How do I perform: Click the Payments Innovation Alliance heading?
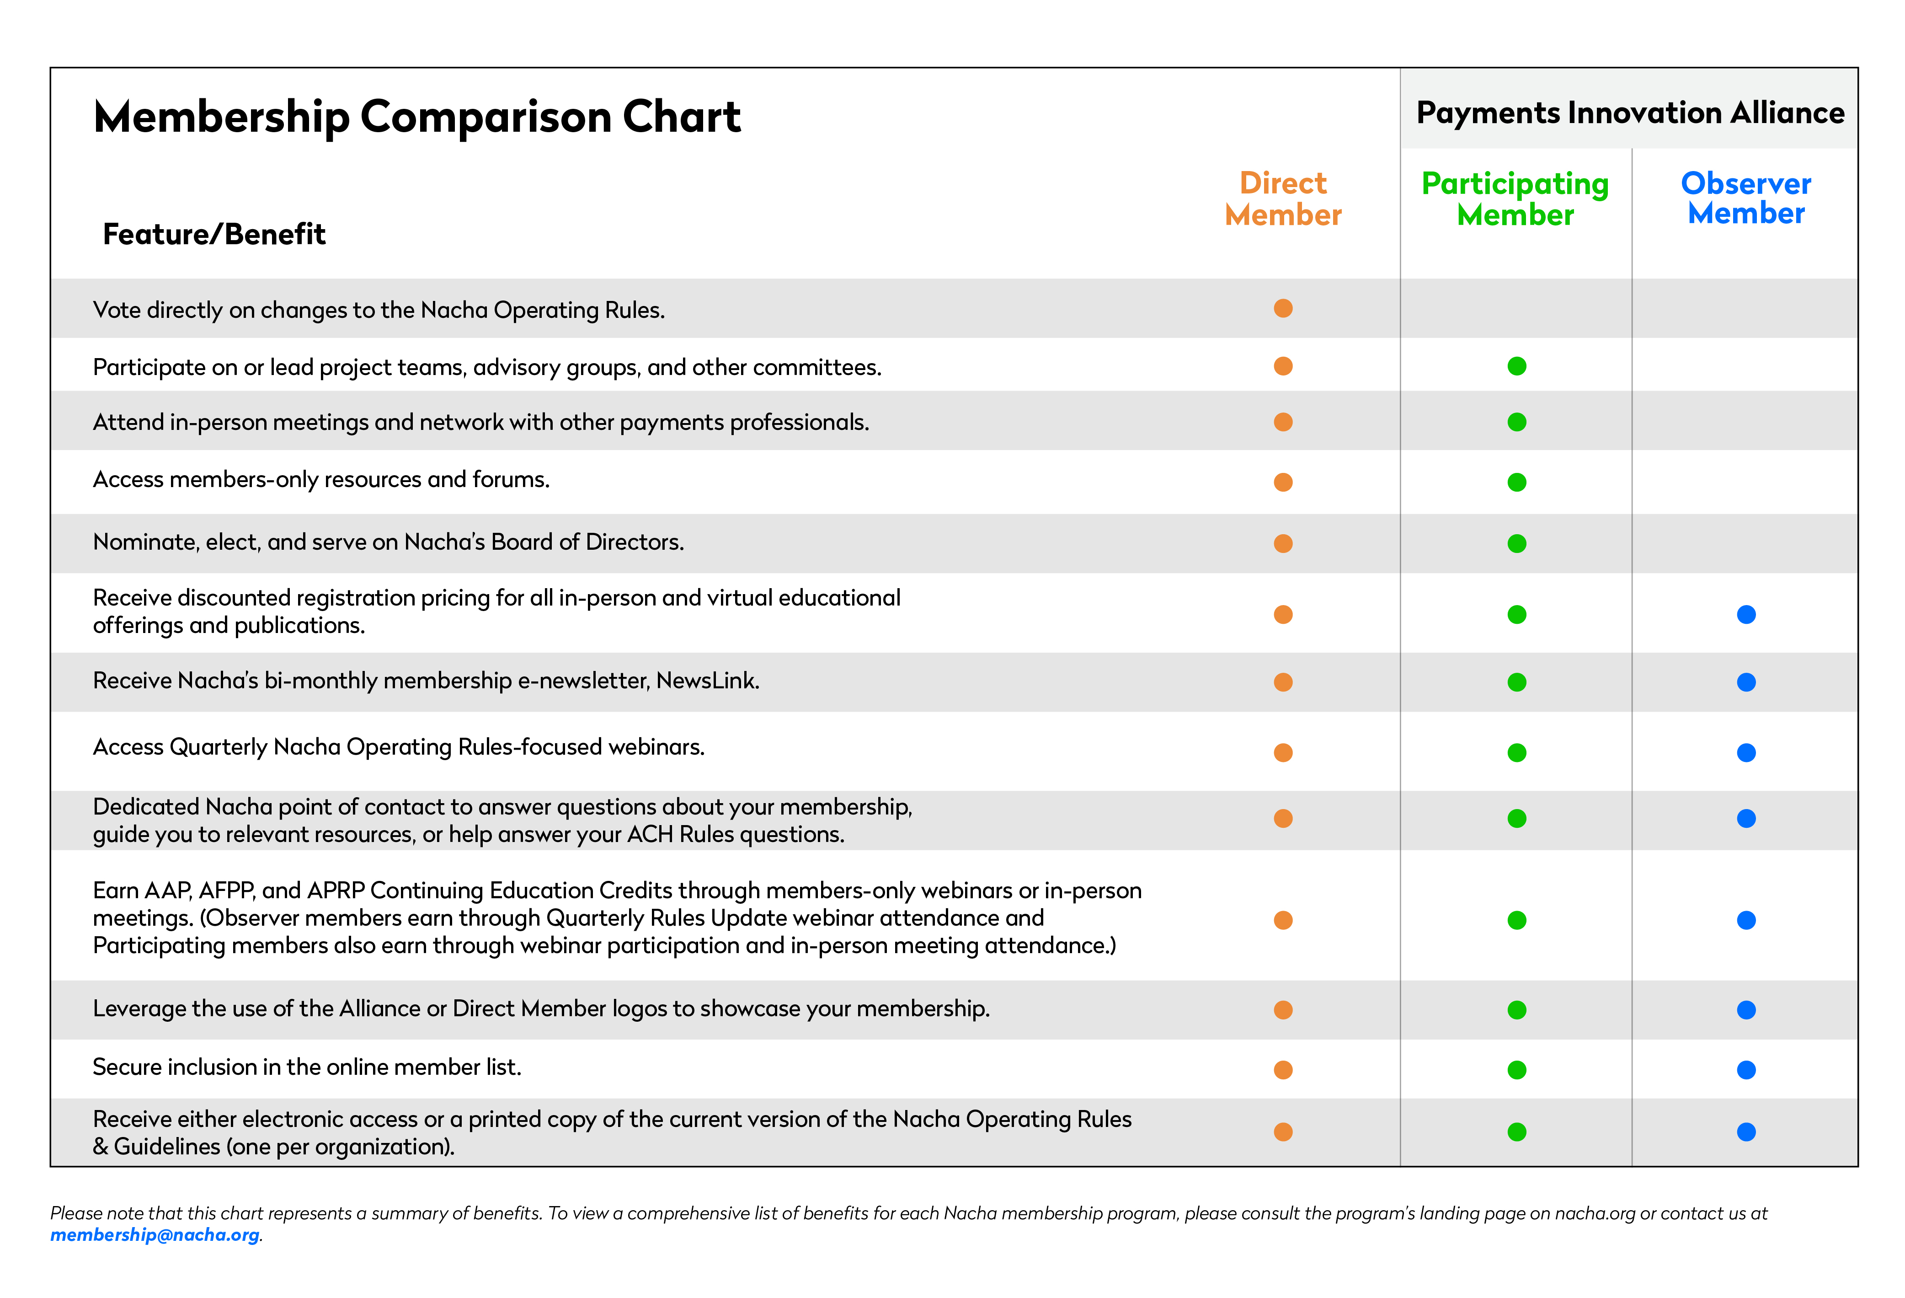1630,113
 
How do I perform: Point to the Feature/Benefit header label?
214,235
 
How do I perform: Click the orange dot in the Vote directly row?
1283,308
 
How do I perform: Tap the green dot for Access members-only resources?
1516,482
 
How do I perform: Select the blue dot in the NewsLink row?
1746,682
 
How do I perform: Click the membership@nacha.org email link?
155,1235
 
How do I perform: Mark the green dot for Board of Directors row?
1516,544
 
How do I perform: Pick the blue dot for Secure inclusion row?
1746,1070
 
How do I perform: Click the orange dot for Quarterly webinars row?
1283,753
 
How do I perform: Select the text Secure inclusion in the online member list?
307,1067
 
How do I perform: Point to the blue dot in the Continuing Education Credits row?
1746,920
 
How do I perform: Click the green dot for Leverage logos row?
1516,1010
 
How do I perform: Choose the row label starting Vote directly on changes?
379,310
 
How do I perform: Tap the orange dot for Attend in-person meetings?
1283,422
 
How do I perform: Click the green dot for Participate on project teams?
1516,366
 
